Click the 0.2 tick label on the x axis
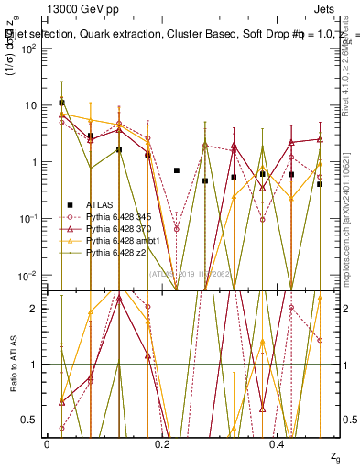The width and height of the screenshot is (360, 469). tap(162, 444)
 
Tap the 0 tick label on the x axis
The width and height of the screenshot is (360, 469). tap(47, 444)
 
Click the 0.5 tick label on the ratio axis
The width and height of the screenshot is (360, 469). tap(34, 420)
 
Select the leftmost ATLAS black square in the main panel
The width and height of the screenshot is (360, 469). tap(61, 103)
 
